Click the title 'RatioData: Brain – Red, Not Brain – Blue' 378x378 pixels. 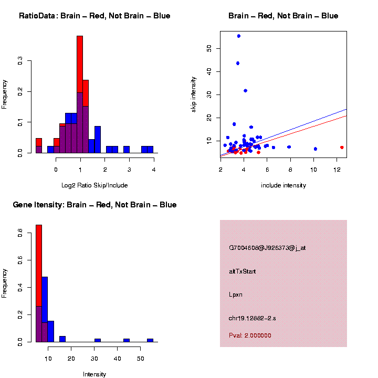(x=94, y=16)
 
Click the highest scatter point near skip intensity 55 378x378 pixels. (x=238, y=36)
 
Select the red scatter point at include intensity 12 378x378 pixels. (x=342, y=148)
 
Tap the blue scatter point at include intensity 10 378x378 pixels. (x=316, y=149)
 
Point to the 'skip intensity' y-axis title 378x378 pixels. (x=194, y=94)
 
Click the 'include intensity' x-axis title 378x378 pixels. (x=283, y=185)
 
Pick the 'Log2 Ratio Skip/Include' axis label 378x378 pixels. (x=94, y=185)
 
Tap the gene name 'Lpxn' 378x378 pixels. (x=236, y=295)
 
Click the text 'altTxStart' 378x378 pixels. (x=243, y=271)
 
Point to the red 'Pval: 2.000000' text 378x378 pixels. (x=250, y=335)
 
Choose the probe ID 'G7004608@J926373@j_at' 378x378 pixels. (x=267, y=248)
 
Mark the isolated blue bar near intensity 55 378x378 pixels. (x=150, y=340)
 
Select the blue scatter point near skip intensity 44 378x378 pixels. (x=238, y=63)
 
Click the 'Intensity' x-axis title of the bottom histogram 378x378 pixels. (x=94, y=374)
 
